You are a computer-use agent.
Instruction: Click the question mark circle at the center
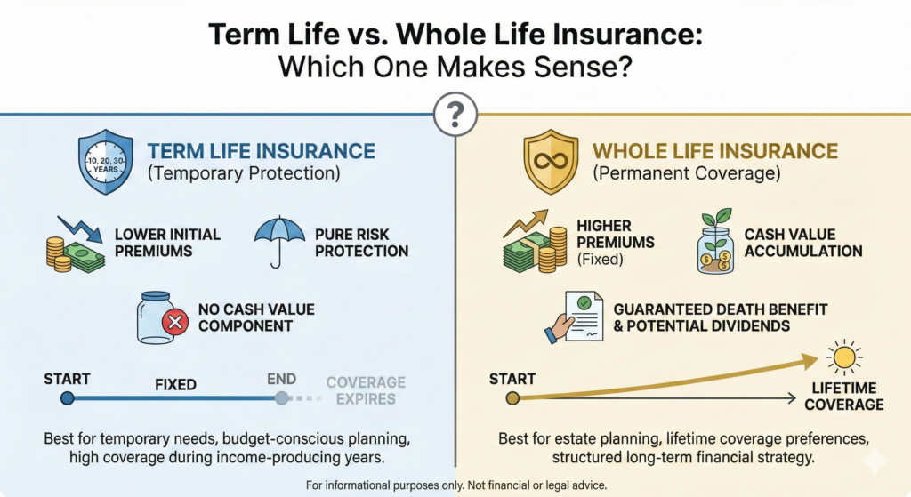[x=455, y=115]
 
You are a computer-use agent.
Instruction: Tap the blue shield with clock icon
[x=106, y=162]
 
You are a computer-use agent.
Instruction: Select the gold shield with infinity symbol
[x=551, y=162]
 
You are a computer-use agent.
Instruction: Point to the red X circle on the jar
[x=175, y=321]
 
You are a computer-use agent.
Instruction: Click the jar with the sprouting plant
[x=716, y=241]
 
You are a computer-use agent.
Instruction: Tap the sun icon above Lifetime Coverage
[x=844, y=357]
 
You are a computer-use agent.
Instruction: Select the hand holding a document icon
[x=574, y=317]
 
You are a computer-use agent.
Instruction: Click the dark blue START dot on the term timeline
[x=68, y=398]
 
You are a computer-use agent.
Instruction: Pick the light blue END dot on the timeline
[x=281, y=398]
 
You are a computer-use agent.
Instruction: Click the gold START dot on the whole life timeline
[x=512, y=398]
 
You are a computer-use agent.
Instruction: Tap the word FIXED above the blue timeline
[x=175, y=384]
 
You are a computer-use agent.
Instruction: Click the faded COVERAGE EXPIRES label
[x=366, y=390]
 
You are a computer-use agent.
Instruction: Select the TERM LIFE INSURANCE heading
[x=262, y=151]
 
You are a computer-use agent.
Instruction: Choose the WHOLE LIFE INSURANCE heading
[x=715, y=151]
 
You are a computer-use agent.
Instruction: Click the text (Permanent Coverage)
[x=687, y=173]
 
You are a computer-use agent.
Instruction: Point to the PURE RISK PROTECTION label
[x=362, y=243]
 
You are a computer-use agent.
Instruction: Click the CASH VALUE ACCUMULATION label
[x=803, y=243]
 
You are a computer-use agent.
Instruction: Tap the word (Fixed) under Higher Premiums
[x=601, y=259]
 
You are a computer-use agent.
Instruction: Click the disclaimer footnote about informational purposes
[x=456, y=485]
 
